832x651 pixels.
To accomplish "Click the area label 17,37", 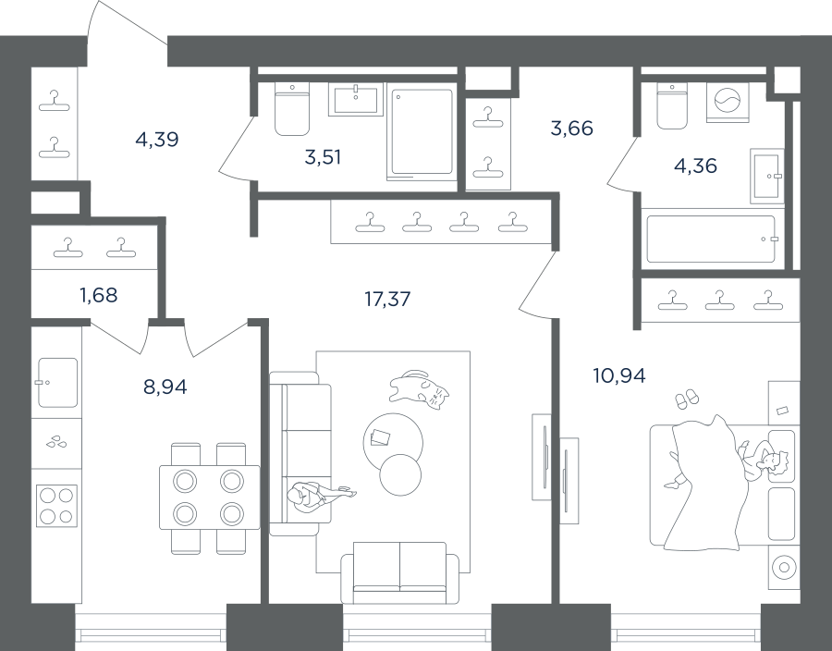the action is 387,300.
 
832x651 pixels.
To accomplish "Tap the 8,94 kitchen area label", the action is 165,387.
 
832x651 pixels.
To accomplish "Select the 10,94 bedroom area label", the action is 618,375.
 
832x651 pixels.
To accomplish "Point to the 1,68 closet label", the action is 98,295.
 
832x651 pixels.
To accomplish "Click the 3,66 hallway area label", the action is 571,128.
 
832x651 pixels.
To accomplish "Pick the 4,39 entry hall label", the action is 156,140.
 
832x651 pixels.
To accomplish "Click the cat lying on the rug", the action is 419,389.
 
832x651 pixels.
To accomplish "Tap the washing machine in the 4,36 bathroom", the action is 728,102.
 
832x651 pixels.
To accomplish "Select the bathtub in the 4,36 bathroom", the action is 711,239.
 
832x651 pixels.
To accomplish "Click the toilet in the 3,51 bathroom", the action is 292,110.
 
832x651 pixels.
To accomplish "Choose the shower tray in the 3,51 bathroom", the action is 422,131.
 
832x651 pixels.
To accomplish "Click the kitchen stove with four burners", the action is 56,506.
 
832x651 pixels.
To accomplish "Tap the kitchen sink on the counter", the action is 58,382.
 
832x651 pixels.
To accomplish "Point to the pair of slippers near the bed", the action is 687,399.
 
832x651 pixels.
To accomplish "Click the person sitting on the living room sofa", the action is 318,496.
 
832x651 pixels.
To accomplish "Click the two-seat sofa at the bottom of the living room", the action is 400,573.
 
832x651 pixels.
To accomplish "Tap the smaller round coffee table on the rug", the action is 400,474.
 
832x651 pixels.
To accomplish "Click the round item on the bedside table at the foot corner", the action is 784,567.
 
